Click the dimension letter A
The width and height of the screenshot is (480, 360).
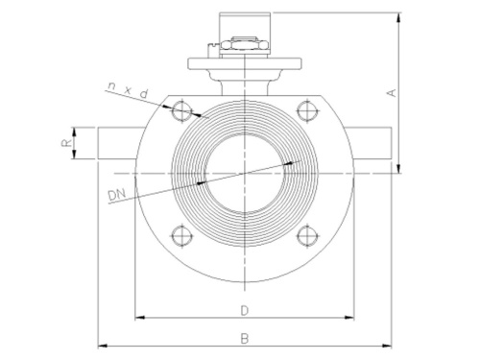[x=391, y=92]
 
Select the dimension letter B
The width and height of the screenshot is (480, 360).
[x=246, y=338]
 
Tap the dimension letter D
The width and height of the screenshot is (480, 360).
[x=246, y=310]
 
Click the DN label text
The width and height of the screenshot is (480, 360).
[x=117, y=196]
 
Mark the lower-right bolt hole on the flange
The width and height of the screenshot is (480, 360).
[x=307, y=233]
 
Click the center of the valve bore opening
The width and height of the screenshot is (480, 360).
[x=245, y=172]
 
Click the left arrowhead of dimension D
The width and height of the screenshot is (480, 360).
[x=137, y=317]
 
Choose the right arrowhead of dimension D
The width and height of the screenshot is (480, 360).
[x=353, y=317]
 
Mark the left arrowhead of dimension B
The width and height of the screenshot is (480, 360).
[x=100, y=345]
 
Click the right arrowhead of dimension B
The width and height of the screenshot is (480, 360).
[x=391, y=345]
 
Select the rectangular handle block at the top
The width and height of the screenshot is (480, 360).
[x=246, y=24]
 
